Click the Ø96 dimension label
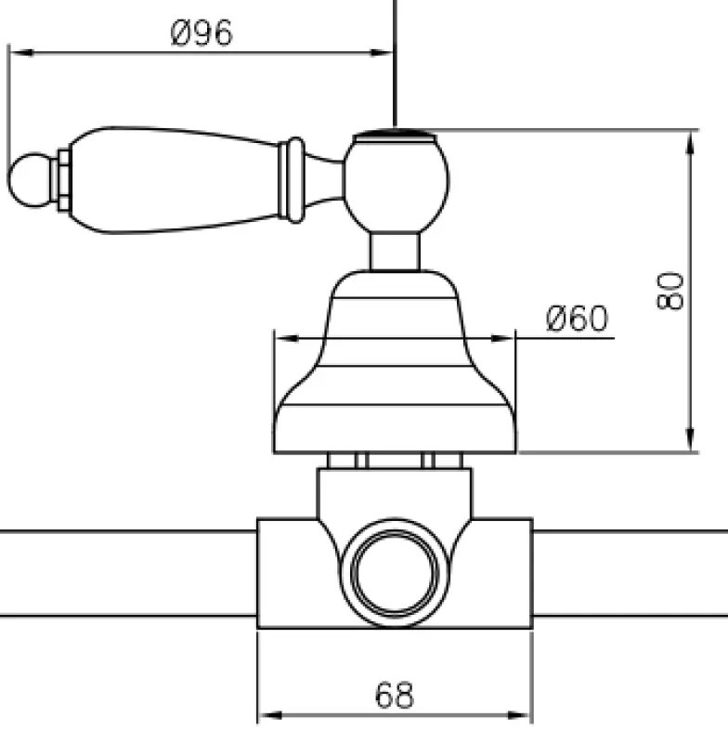point(201,33)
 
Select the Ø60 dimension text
point(577,319)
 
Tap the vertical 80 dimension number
point(673,291)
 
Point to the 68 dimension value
point(394,695)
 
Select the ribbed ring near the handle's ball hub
point(294,179)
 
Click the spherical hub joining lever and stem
point(397,183)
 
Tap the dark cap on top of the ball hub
point(396,137)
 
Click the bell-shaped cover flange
point(395,371)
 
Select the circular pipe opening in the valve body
point(395,577)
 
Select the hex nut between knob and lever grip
point(62,179)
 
